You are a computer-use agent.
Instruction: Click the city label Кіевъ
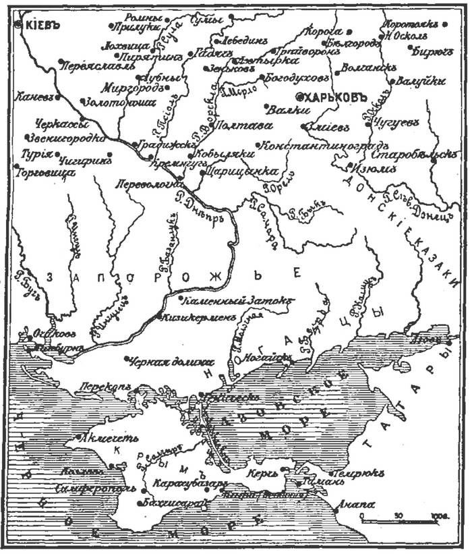[x=42, y=24]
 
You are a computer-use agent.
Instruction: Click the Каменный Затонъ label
[x=229, y=298]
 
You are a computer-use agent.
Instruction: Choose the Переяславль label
[x=90, y=67]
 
